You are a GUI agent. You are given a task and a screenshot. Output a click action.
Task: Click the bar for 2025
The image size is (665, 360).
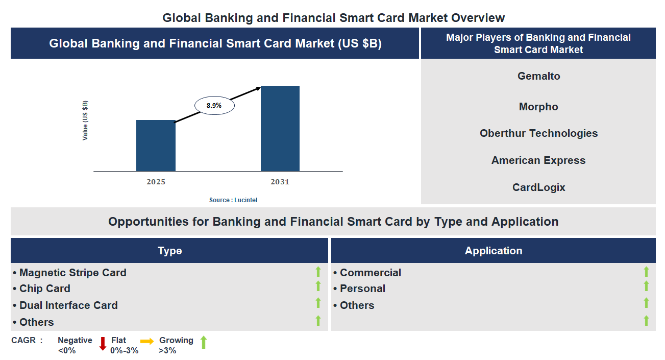point(156,146)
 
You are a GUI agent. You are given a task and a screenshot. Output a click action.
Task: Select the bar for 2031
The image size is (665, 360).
point(280,128)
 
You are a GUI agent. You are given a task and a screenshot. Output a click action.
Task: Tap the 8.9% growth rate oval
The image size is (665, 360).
point(214,106)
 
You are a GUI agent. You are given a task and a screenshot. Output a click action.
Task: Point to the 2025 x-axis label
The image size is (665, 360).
point(156,182)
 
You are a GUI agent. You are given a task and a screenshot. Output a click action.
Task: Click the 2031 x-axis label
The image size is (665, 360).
point(280,182)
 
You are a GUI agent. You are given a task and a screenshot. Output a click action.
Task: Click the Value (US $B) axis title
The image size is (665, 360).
point(85,121)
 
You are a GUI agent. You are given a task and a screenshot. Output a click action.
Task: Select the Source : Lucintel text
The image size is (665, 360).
point(233,200)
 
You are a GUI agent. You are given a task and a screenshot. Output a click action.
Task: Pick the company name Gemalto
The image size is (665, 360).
point(538,76)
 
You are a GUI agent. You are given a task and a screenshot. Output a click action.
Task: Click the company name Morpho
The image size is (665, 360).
point(538,107)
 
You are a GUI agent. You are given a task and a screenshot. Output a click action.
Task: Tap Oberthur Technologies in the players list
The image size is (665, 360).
point(538,133)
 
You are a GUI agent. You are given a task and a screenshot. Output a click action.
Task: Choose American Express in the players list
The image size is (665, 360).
point(538,160)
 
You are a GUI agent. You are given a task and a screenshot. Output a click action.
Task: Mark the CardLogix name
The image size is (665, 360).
point(538,187)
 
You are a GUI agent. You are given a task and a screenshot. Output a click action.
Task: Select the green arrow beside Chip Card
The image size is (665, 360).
point(318,286)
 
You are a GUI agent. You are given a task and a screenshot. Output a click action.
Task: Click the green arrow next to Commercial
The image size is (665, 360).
point(646,272)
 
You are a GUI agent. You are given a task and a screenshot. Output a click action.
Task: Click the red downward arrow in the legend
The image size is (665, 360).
point(103,343)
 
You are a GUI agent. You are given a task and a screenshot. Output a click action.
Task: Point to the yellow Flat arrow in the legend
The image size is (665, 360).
point(147,341)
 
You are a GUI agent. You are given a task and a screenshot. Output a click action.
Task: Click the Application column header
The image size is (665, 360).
point(493,251)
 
